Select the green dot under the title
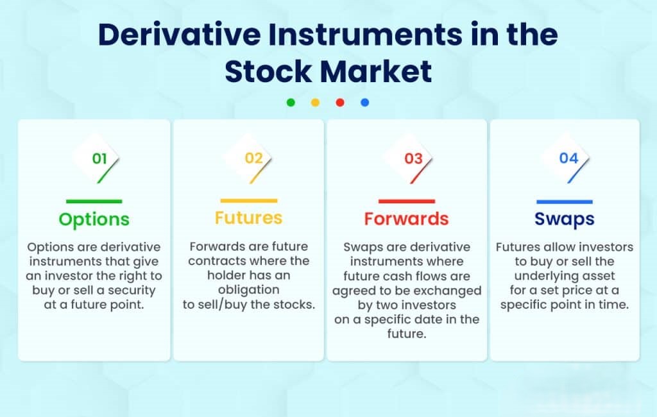291,103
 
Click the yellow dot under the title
315,103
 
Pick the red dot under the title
340,103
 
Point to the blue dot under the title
364,103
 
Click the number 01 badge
99,158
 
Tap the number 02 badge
253,158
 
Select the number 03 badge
413,158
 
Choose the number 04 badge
568,158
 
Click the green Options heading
94,219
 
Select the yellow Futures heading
248,218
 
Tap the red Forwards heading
406,219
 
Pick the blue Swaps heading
564,219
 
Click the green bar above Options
94,201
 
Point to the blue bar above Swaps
564,201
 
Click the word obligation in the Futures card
248,290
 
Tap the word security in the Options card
133,291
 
